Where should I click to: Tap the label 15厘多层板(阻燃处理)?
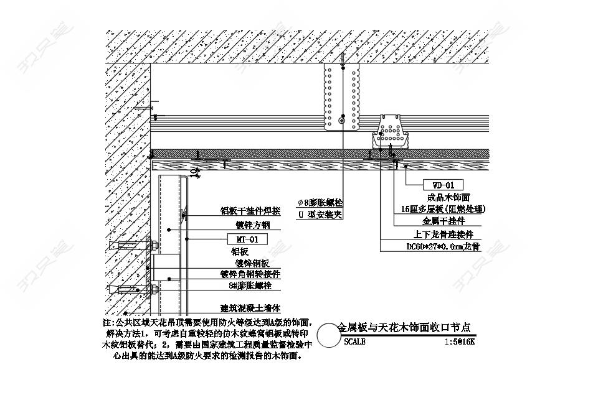[443, 209]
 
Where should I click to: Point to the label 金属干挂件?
[444, 221]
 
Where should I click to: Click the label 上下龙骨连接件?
[443, 234]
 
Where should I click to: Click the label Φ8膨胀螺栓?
[320, 203]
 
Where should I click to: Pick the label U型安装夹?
[320, 215]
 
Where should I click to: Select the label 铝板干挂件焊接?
[250, 211]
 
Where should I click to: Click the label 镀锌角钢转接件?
[250, 274]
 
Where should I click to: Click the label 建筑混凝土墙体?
[250, 308]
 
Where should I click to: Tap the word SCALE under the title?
[354, 341]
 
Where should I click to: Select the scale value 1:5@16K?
[460, 341]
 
